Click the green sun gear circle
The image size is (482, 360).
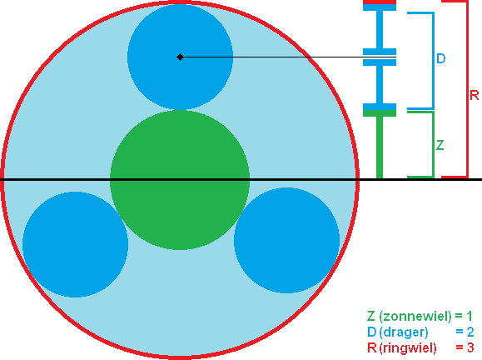[180, 180]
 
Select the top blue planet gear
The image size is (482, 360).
[180, 57]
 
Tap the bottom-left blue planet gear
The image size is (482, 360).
[75, 245]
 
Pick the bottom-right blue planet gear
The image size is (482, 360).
[286, 240]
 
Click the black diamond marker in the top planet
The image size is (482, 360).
[180, 57]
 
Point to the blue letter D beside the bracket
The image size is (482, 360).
[441, 58]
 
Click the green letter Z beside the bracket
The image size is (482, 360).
[440, 145]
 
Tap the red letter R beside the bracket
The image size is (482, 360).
[475, 95]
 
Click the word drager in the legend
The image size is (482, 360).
[405, 332]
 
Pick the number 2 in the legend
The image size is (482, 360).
[470, 332]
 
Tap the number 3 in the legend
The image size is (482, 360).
[470, 348]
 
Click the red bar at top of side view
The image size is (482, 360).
[380, 2]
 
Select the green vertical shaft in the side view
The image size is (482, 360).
[380, 147]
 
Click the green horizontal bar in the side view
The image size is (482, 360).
[380, 113]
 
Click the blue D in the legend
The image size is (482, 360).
[371, 332]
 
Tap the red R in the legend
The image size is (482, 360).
[371, 348]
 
